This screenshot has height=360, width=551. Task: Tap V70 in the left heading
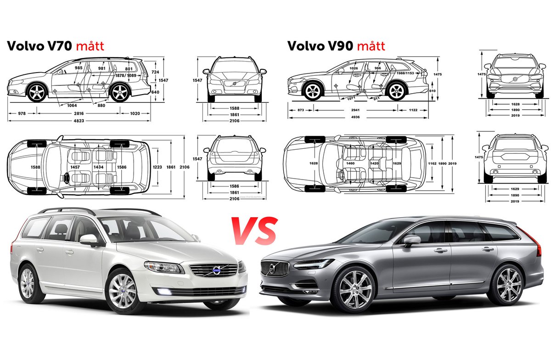coord(59,46)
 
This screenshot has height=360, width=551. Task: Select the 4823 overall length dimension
coord(79,121)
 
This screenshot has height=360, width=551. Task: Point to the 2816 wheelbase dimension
coord(81,112)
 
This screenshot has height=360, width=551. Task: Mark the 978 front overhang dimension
coord(21,112)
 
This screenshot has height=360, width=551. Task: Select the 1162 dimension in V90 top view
coord(432,163)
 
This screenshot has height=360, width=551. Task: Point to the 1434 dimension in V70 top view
coord(98,167)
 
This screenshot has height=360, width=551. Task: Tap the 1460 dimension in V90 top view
coord(350,163)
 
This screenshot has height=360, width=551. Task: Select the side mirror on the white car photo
coord(89,239)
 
